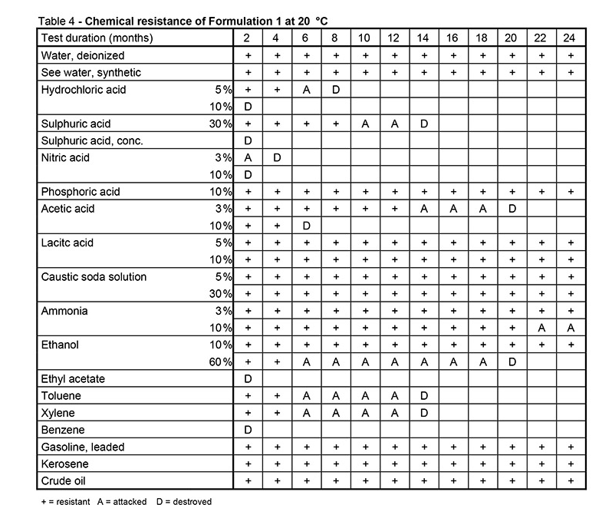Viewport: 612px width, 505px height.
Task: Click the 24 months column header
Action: [570, 38]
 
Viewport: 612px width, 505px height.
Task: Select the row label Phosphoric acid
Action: [80, 191]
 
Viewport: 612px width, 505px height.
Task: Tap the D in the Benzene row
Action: [248, 430]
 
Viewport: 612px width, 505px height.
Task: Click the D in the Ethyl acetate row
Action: [248, 378]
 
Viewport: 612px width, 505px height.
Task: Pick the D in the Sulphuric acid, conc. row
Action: [248, 140]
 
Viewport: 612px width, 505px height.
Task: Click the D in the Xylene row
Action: [423, 413]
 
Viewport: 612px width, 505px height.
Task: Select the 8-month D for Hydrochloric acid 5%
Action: [335, 89]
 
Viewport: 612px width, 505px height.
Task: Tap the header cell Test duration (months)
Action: [97, 38]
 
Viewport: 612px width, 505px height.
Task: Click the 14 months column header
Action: [423, 38]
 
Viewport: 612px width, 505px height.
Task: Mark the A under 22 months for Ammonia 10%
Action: [541, 328]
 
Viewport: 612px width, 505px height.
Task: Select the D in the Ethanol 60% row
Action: [512, 361]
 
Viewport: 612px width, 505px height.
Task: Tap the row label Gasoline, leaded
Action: [83, 447]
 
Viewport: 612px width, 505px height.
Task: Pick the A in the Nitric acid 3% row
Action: [248, 157]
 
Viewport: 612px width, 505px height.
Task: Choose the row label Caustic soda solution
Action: [93, 276]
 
